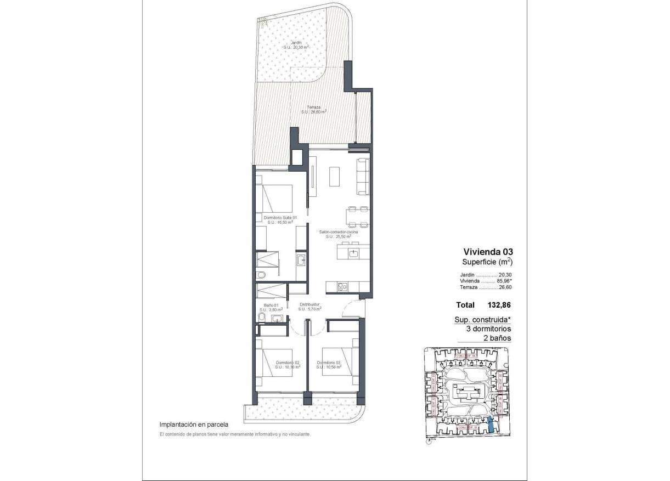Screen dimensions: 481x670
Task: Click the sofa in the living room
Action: click(364, 176)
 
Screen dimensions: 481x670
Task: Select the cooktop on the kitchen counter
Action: click(342, 286)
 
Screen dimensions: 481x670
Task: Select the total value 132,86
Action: click(499, 305)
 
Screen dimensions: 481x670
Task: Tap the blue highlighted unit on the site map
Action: click(491, 426)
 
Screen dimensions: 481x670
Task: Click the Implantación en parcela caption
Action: click(193, 424)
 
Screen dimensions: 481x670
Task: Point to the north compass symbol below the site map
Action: click(428, 439)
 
